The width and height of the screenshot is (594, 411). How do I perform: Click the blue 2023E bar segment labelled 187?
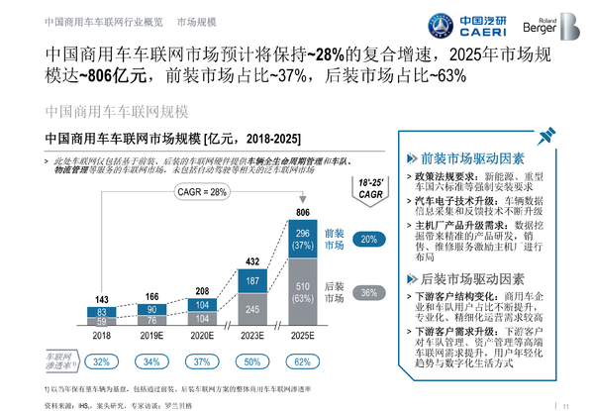[x=250, y=280]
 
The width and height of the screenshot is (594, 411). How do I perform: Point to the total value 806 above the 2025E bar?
[x=302, y=213]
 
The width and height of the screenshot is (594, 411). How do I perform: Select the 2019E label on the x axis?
[x=150, y=337]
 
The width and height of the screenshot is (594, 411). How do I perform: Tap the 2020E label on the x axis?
[x=200, y=337]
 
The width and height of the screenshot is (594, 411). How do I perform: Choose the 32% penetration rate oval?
[x=101, y=361]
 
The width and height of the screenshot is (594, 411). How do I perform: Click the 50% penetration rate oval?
[x=250, y=361]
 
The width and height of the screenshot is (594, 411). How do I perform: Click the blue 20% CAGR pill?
[x=367, y=240]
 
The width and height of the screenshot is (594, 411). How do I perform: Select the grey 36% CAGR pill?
[x=367, y=293]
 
